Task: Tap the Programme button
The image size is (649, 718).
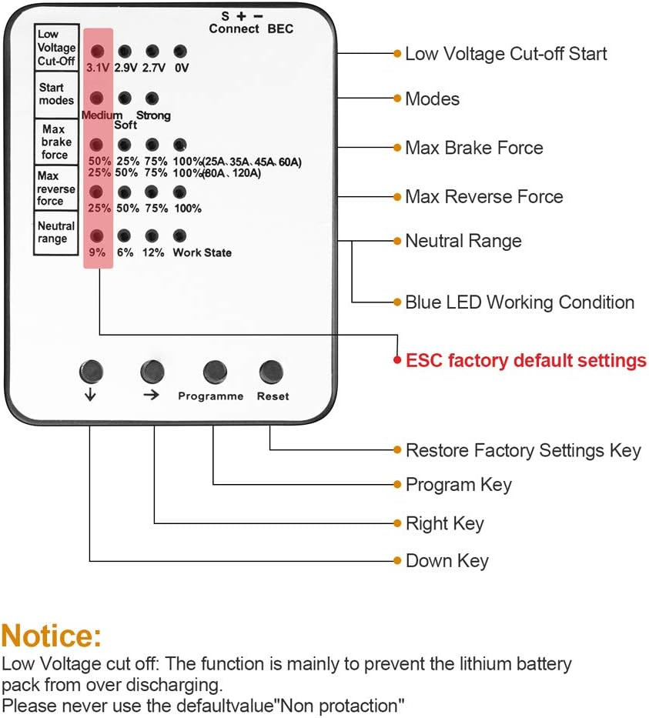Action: pyautogui.click(x=215, y=372)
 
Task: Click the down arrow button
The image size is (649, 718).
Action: pyautogui.click(x=90, y=372)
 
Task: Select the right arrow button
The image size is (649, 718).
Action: pyautogui.click(x=152, y=372)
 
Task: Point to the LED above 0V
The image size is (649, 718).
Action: pyautogui.click(x=180, y=52)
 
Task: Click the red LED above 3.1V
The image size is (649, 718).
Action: pyautogui.click(x=98, y=52)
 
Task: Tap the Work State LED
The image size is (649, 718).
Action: pyautogui.click(x=180, y=236)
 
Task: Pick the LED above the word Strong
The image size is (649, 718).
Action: pyautogui.click(x=152, y=99)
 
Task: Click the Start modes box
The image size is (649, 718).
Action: pyautogui.click(x=56, y=94)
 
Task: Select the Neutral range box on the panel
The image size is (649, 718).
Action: pyautogui.click(x=56, y=232)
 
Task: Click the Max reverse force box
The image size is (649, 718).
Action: pyautogui.click(x=56, y=189)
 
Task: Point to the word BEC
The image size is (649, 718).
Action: pyautogui.click(x=280, y=29)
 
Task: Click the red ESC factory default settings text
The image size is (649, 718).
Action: pyautogui.click(x=526, y=360)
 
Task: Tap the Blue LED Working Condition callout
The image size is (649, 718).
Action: pyautogui.click(x=520, y=302)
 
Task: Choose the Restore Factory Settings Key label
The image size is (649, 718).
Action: pyautogui.click(x=523, y=450)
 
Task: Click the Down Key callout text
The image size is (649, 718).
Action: pyautogui.click(x=447, y=561)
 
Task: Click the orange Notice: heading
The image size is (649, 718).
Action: pyautogui.click(x=52, y=636)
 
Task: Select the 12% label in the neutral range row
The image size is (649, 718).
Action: pyautogui.click(x=152, y=252)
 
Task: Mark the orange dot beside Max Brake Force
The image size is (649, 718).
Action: pyautogui.click(x=397, y=148)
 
